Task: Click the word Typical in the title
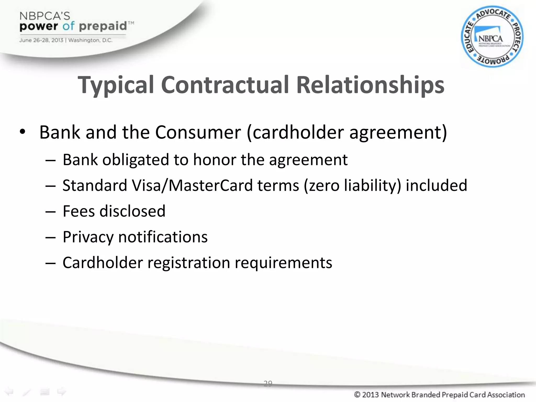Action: coord(116,85)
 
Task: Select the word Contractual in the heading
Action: coord(225,85)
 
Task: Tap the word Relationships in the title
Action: coord(370,85)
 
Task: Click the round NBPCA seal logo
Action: coord(492,37)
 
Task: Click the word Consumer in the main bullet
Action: coord(198,132)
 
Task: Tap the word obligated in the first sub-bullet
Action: coord(136,160)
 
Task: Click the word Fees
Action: coord(79,211)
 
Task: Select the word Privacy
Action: coord(88,237)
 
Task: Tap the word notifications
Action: coord(163,237)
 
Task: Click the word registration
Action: coord(189,263)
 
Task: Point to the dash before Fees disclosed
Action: coord(50,211)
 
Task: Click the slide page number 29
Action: coord(268,383)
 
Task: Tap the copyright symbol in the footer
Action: coord(357,394)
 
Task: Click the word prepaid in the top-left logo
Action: coord(103,26)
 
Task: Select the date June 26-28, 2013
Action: coord(41,40)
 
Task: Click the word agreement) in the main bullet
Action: coord(398,133)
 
